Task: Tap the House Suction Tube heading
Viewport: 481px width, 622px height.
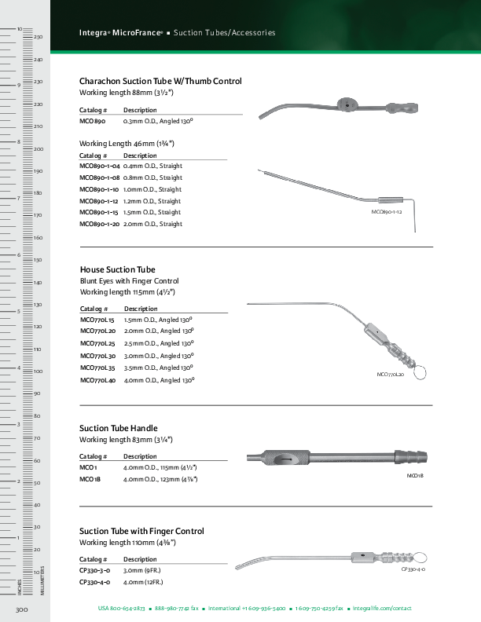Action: (117, 269)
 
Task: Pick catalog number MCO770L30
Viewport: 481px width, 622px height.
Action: (97, 356)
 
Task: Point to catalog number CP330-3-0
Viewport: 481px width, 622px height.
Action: (94, 571)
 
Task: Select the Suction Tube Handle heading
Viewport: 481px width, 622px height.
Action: (119, 428)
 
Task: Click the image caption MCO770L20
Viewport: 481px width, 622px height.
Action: (391, 375)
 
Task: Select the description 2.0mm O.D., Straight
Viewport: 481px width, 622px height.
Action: (152, 224)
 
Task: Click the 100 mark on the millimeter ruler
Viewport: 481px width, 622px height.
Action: (37, 371)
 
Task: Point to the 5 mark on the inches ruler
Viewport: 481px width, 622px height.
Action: (18, 312)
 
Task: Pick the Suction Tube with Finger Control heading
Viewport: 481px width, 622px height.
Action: (141, 531)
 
